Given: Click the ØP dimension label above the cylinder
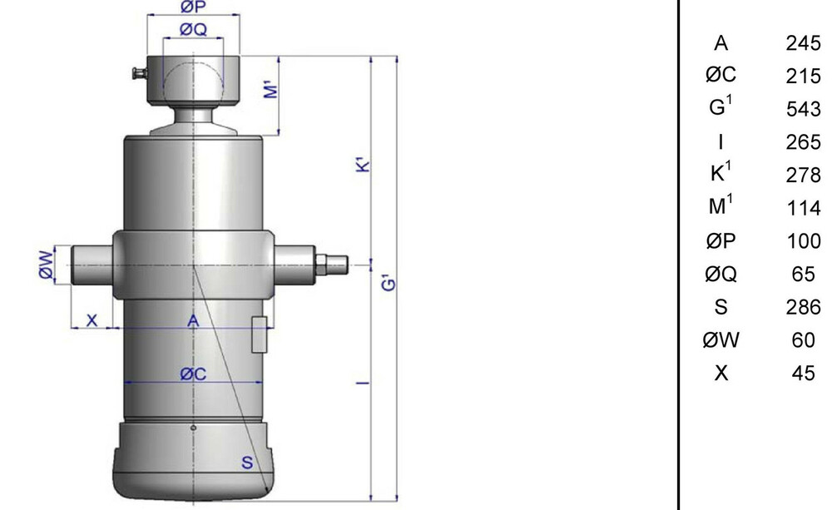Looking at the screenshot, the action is (x=193, y=7).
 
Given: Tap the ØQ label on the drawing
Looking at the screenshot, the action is (x=193, y=29).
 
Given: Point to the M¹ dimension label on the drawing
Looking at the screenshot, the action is (x=270, y=89).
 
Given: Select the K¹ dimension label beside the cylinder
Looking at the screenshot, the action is (x=363, y=164).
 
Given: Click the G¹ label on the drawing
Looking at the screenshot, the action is (x=389, y=282).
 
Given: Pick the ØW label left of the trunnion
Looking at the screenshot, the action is (x=46, y=265).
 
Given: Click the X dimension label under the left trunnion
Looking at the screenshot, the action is (x=92, y=320).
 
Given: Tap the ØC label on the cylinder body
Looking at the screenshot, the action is (x=193, y=374).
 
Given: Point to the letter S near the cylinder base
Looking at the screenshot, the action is (x=247, y=463).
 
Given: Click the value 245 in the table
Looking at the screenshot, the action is (x=804, y=43).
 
